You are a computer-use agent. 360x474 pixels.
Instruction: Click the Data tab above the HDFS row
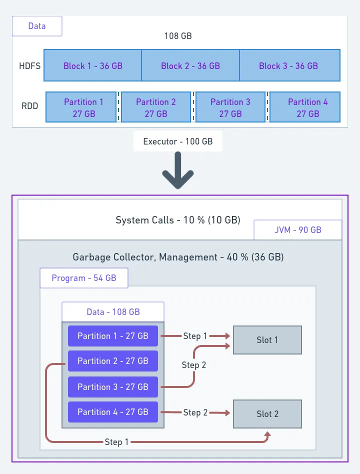pos(37,26)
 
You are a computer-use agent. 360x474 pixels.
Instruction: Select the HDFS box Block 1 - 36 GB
pos(92,65)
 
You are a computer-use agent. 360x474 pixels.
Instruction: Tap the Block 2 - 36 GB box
pos(190,65)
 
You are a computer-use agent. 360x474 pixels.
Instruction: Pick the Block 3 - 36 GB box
pos(289,65)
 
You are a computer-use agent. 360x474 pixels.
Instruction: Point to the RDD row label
pos(29,106)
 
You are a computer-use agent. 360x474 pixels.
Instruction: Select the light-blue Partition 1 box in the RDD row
pos(83,107)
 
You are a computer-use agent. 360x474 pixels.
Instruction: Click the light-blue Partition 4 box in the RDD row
pos(307,107)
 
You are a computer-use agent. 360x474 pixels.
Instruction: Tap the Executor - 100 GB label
pos(178,141)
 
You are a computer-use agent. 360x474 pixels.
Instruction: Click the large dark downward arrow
pos(178,172)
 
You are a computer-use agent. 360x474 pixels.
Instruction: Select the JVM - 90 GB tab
pos(297,230)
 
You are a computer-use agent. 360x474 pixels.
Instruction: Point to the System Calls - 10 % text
pos(177,220)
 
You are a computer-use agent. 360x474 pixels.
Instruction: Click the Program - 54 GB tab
pos(84,278)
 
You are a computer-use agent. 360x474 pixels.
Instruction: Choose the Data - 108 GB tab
pos(113,312)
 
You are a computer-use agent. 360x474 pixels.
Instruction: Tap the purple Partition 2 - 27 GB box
pos(113,361)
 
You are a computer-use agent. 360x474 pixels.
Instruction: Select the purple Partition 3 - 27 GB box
pos(113,386)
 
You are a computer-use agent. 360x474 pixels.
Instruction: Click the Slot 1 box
pos(267,340)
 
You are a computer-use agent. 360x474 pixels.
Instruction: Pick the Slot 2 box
pos(267,414)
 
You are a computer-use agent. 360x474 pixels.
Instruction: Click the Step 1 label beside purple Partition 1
pos(195,336)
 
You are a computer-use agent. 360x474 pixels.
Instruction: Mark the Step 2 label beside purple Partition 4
pos(195,412)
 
